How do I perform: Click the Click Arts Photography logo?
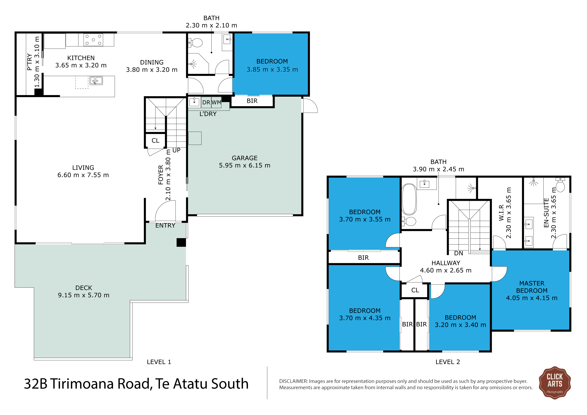(555, 383)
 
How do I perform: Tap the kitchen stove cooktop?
(93, 40)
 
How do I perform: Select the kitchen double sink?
(96, 80)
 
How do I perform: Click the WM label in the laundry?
(216, 103)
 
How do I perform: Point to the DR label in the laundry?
(206, 103)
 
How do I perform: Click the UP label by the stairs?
(176, 150)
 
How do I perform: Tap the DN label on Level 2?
(459, 253)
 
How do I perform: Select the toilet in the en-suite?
(560, 185)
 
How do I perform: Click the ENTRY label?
(165, 225)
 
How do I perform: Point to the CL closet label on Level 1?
(155, 141)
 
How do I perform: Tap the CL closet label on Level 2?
(415, 290)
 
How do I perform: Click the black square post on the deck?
(181, 243)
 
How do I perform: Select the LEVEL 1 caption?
(159, 362)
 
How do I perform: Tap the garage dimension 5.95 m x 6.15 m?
(245, 165)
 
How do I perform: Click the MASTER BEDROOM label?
(532, 287)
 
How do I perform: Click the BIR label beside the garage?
(252, 101)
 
